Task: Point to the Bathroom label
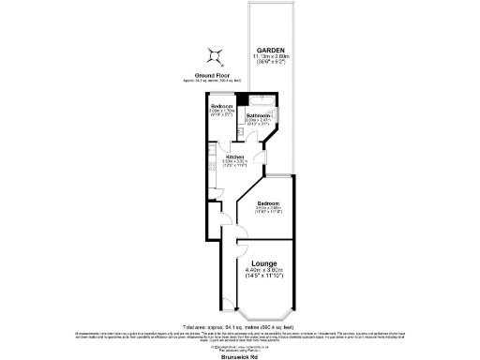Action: point(259,116)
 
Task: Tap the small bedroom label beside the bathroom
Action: point(222,107)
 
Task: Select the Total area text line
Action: point(240,325)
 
